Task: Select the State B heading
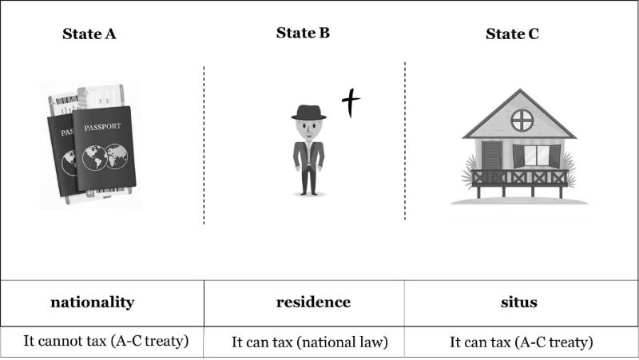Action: click(303, 33)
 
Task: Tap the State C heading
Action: click(512, 34)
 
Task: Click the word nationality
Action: click(92, 302)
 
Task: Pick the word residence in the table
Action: click(313, 302)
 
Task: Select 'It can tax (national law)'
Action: click(309, 342)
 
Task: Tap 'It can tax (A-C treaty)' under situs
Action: click(521, 342)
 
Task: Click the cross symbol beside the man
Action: click(351, 103)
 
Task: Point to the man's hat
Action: click(308, 113)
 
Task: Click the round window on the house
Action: click(522, 121)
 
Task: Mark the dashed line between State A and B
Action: click(204, 144)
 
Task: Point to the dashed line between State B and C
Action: click(405, 140)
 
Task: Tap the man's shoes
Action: click(308, 192)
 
